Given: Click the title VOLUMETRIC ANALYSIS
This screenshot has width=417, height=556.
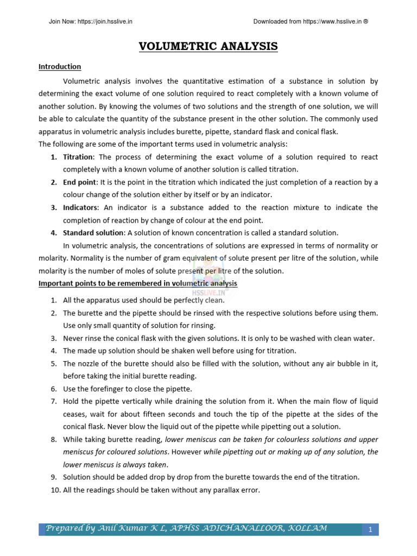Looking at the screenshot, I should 208,47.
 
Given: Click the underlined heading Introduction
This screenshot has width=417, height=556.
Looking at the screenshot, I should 60,67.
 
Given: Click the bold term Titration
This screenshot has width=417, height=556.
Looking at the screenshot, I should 78,157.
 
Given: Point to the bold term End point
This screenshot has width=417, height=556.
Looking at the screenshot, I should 79,182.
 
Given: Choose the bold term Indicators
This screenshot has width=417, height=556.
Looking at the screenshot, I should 80,207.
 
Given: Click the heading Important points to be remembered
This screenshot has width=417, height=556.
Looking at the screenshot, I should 138,283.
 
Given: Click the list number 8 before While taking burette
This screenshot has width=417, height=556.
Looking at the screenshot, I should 54,439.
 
